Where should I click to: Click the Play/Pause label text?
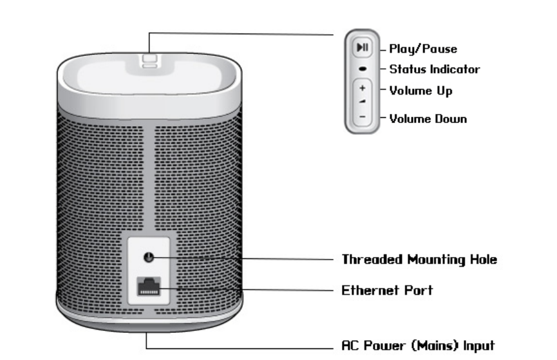pyautogui.click(x=423, y=48)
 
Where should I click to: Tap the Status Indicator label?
pyautogui.click(x=434, y=69)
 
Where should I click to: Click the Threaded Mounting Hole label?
pyautogui.click(x=419, y=260)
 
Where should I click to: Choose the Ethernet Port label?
pyautogui.click(x=387, y=290)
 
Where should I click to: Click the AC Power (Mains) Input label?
pyautogui.click(x=418, y=345)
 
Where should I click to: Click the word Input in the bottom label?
pyautogui.click(x=480, y=345)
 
